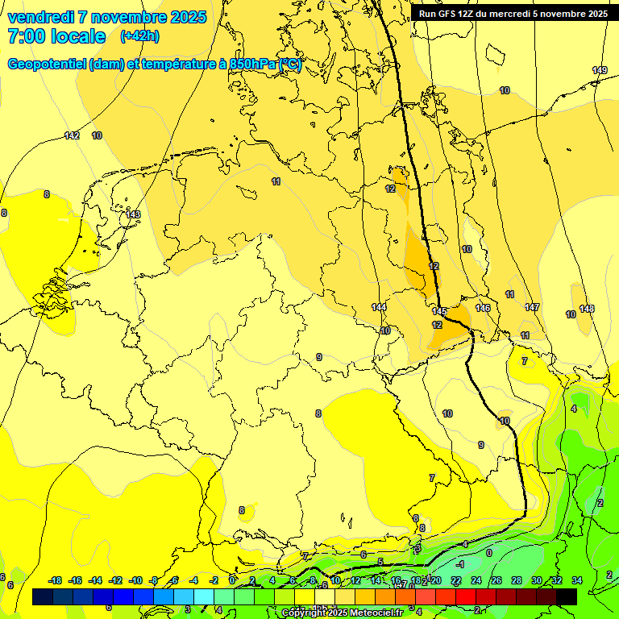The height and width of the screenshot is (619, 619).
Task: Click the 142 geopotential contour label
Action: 72,135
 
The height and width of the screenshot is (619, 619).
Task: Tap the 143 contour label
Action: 133,214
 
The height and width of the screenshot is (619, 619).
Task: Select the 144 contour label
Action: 379,307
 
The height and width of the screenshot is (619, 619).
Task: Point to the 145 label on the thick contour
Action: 439,311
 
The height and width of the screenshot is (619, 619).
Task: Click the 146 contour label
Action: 483,308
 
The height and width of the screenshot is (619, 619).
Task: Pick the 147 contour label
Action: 532,307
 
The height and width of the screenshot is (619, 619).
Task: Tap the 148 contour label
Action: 587,309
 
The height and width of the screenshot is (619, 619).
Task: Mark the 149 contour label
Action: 600,71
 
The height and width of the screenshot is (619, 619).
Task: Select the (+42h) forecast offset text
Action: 139,36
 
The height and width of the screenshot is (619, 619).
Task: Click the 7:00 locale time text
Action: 56,36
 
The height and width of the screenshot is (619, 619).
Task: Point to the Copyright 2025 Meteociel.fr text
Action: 342,613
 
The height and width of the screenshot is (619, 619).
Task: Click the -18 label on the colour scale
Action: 56,580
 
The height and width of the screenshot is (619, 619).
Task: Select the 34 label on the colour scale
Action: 576,580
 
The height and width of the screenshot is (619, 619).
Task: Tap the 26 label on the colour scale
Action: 496,580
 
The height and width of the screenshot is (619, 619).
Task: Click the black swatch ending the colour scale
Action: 566,596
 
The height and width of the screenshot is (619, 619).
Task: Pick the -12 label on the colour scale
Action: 115,580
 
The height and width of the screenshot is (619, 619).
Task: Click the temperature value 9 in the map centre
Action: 319,357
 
